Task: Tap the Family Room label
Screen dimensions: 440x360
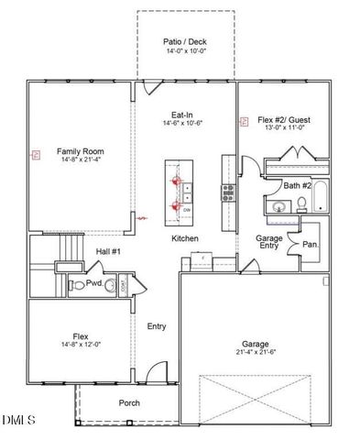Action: pyautogui.click(x=80, y=151)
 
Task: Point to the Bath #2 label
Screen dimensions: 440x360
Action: pyautogui.click(x=297, y=186)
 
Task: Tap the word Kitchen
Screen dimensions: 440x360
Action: pyautogui.click(x=185, y=239)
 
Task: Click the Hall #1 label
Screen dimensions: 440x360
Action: pyautogui.click(x=109, y=250)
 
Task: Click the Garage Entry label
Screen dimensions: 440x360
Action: pyautogui.click(x=268, y=242)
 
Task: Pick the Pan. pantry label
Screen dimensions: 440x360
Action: pyautogui.click(x=311, y=245)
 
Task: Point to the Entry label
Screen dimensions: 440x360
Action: pyautogui.click(x=157, y=326)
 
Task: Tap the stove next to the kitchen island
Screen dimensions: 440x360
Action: pyautogui.click(x=227, y=192)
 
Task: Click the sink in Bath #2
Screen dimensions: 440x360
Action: pyautogui.click(x=278, y=207)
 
